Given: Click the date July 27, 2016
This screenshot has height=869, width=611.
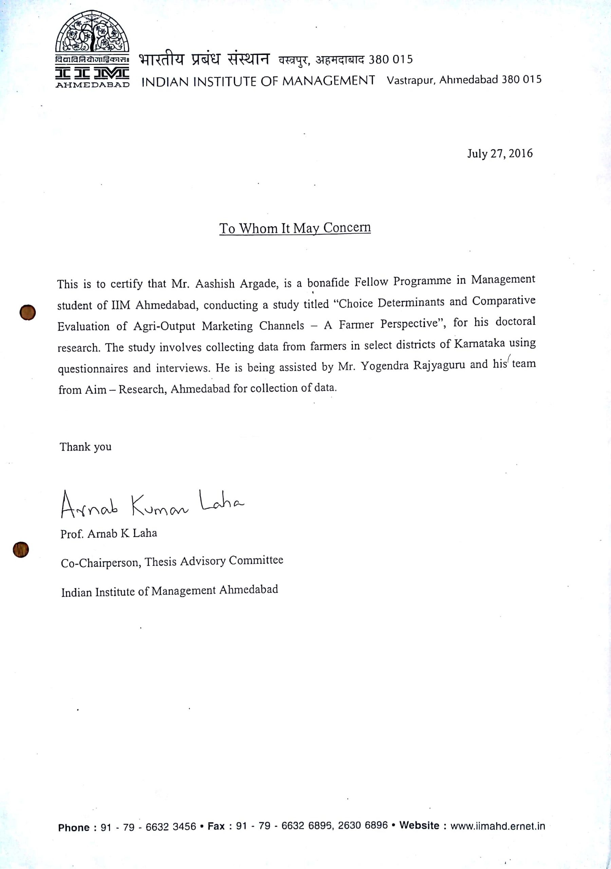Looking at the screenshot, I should (500, 153).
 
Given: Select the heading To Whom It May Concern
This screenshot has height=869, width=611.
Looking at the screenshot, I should (295, 228).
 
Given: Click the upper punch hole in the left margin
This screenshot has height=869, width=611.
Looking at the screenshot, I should (27, 313).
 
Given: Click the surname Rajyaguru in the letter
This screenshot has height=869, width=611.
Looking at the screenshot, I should (434, 366).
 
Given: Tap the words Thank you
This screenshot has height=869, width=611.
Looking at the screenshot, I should (86, 447).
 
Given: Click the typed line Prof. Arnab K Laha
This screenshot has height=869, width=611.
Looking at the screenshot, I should (109, 534).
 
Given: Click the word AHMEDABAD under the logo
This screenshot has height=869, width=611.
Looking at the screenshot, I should (92, 85).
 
